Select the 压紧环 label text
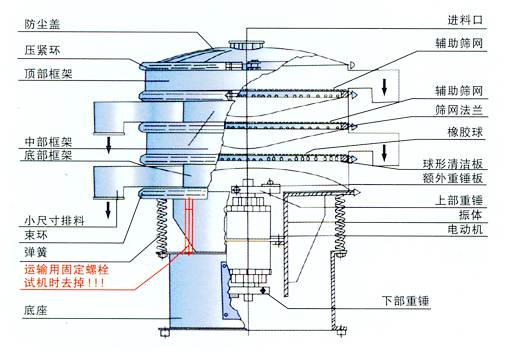(x=39, y=49)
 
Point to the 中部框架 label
(x=45, y=141)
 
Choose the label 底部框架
(x=45, y=156)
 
